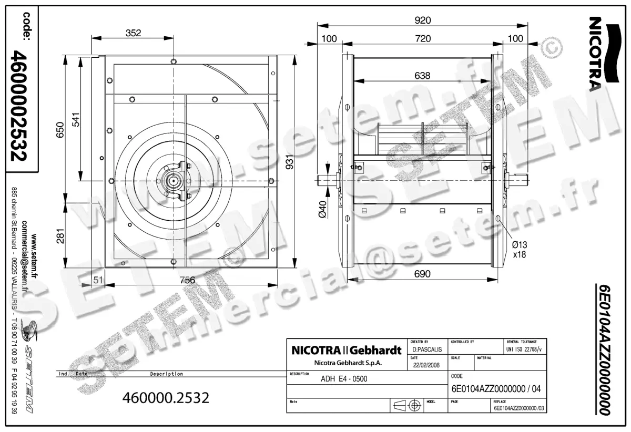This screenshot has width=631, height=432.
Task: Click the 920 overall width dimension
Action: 422,20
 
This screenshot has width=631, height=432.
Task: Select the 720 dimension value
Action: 422,38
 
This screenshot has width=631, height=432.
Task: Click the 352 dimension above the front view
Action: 134,33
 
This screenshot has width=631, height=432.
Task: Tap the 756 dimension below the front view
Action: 187,280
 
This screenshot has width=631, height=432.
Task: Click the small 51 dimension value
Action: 97,280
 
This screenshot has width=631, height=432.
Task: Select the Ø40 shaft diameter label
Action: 323,209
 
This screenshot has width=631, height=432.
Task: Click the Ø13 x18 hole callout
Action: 520,249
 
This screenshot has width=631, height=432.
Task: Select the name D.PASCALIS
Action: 428,349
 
